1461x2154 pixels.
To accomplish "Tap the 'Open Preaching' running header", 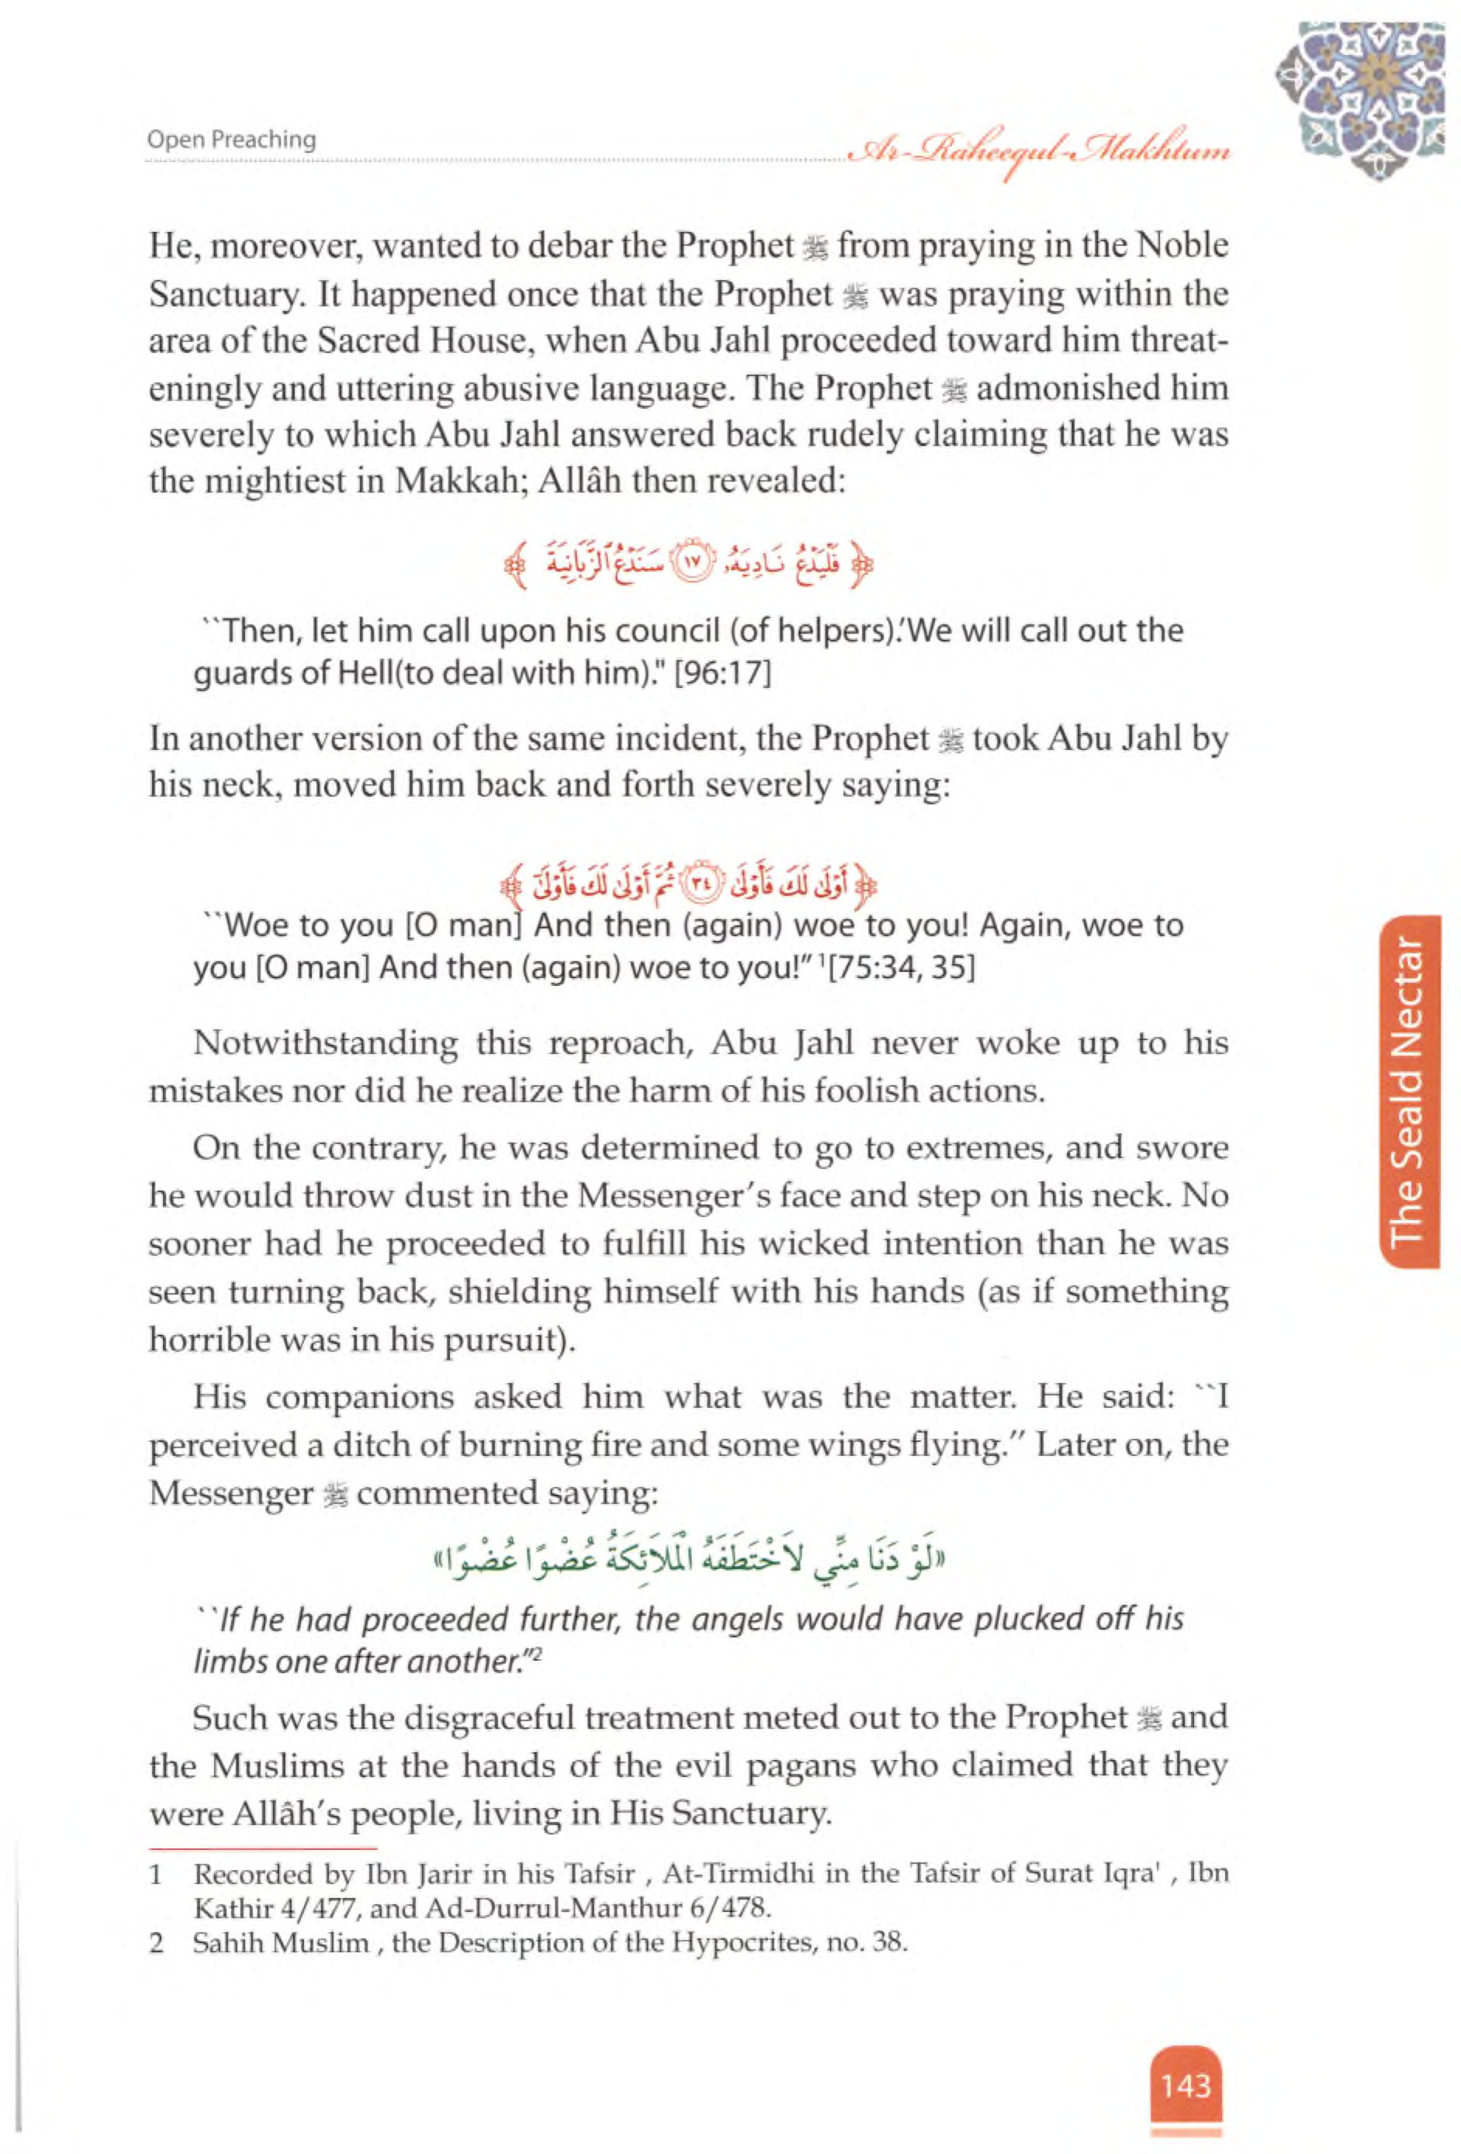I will (x=231, y=140).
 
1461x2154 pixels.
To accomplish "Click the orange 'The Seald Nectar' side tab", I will (x=1407, y=1091).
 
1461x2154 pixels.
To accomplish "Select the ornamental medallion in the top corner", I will (x=1360, y=99).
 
